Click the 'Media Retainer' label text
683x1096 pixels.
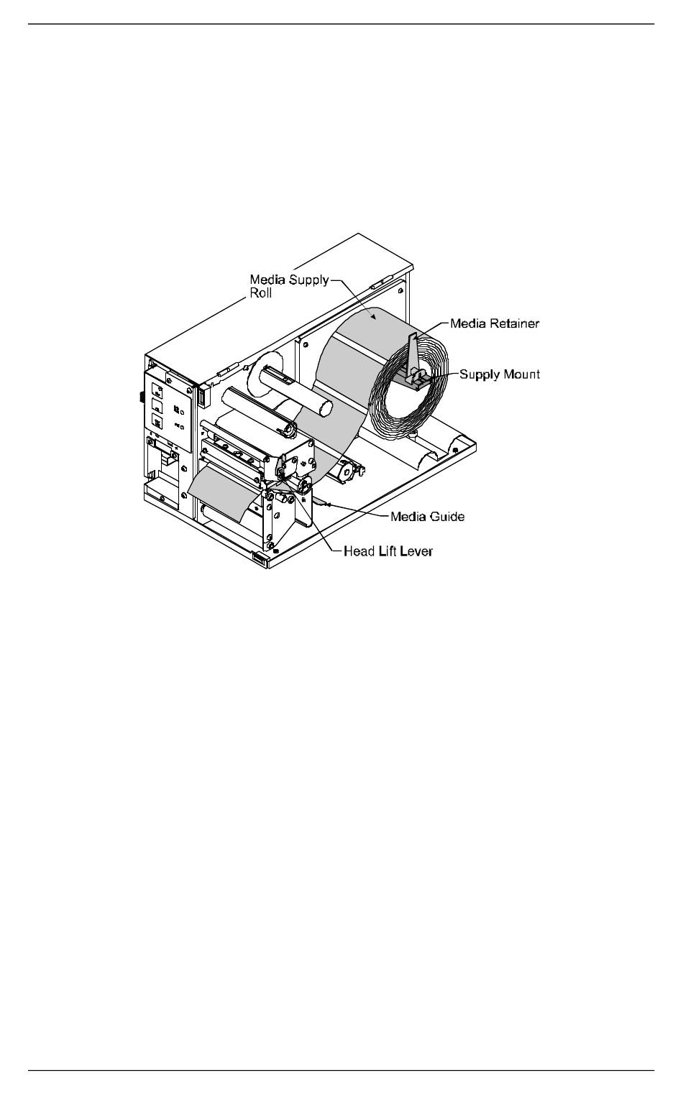click(x=494, y=323)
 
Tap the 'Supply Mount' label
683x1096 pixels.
click(x=500, y=374)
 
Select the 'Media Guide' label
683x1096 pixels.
click(x=427, y=516)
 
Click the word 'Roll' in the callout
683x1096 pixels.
click(x=260, y=293)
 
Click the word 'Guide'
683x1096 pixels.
click(x=446, y=516)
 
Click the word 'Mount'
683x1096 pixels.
click(x=521, y=374)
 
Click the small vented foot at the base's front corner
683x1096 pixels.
click(x=258, y=557)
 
